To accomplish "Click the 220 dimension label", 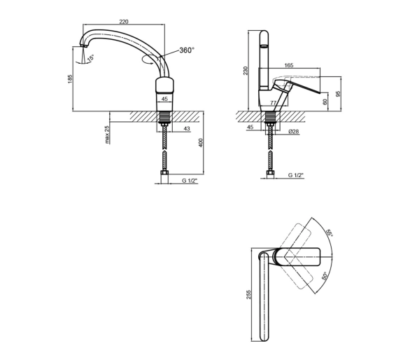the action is (x=124, y=22).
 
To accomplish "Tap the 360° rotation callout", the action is (x=187, y=50).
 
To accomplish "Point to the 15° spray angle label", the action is (x=90, y=58).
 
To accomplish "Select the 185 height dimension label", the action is (x=70, y=79).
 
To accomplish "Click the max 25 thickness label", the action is (x=107, y=134).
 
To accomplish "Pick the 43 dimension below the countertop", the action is (x=187, y=129).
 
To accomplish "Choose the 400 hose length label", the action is (x=201, y=143).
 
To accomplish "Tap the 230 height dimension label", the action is (x=246, y=71).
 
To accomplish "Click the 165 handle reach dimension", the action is (x=289, y=65).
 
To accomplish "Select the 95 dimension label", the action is (x=338, y=94).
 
